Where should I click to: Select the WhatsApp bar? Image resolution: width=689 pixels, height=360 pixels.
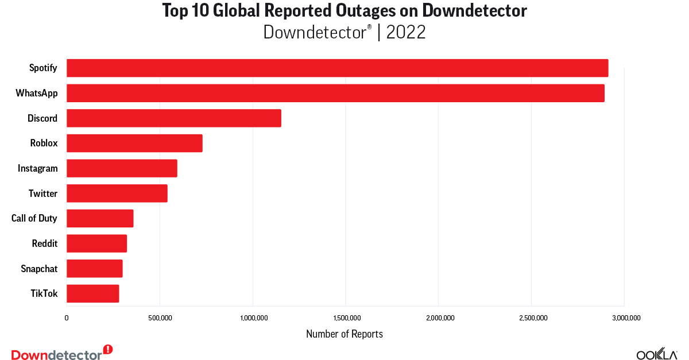click(335, 93)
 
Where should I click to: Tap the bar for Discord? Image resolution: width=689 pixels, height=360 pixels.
click(174, 118)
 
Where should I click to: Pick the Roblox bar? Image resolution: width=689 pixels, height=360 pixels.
click(134, 143)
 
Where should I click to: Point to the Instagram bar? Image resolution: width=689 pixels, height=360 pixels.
click(122, 168)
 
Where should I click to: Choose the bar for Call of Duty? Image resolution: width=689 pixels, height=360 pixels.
click(100, 219)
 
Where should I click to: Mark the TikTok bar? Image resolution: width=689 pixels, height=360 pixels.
click(92, 293)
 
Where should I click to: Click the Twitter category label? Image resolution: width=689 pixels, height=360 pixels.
click(43, 193)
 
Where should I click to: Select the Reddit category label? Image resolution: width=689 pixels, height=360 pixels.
click(45, 243)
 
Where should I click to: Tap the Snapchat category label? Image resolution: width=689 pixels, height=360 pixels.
click(39, 269)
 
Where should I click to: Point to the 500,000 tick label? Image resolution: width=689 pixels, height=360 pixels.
click(160, 318)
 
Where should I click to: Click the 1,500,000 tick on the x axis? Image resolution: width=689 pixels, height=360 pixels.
click(346, 318)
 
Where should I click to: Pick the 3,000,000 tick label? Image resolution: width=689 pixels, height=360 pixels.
click(624, 318)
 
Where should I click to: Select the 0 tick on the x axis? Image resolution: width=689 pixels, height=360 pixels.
click(67, 318)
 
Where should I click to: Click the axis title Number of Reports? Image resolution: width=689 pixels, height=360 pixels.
click(344, 334)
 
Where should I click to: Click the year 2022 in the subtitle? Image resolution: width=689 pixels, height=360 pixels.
click(406, 32)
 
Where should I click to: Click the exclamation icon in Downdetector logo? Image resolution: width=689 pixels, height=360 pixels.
click(108, 349)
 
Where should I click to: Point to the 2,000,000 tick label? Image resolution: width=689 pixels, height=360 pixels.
click(439, 318)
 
